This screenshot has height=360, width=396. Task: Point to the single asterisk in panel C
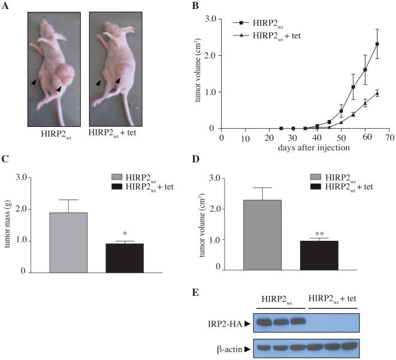(x=125, y=233)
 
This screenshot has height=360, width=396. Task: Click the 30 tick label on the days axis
(x=294, y=137)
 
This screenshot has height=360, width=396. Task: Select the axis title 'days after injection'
(x=306, y=147)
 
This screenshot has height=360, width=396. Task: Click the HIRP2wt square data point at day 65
(x=377, y=44)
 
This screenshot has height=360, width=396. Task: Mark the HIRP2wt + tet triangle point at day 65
(x=377, y=93)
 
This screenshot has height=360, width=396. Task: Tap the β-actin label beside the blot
(x=235, y=347)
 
